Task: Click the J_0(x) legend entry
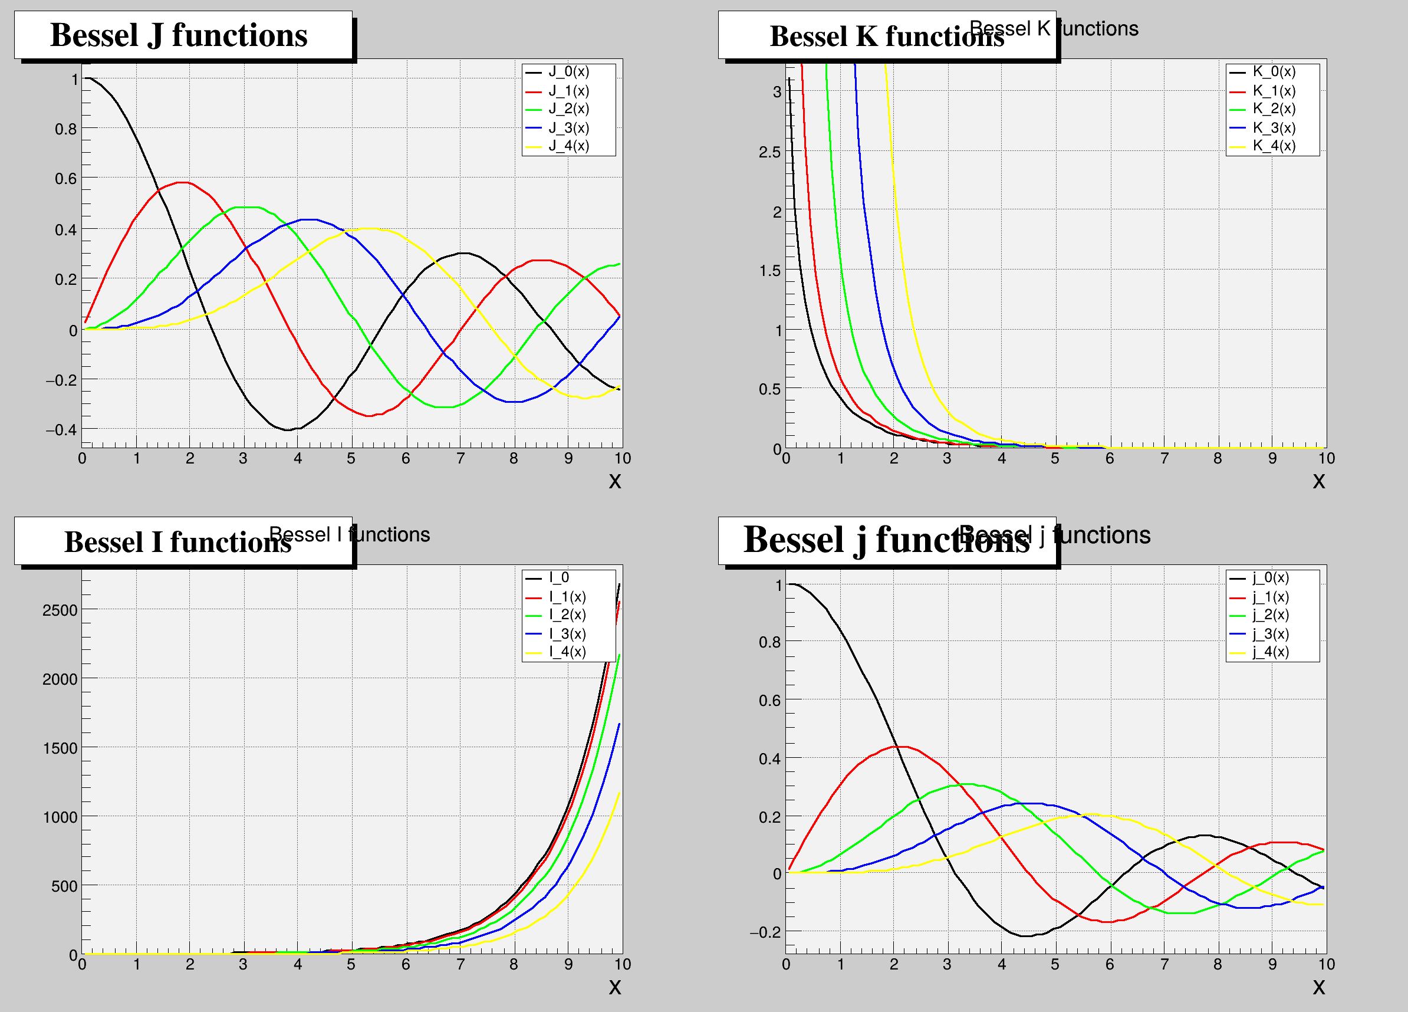pyautogui.click(x=568, y=72)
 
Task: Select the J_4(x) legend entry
pyautogui.click(x=568, y=146)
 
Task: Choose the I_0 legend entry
pyautogui.click(x=559, y=578)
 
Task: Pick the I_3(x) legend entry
pyautogui.click(x=567, y=634)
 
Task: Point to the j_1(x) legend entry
pyautogui.click(x=1270, y=597)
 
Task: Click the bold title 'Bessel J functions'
pyautogui.click(x=179, y=35)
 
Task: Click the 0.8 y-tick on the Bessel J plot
pyautogui.click(x=66, y=129)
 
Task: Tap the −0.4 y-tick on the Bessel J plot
pyautogui.click(x=61, y=430)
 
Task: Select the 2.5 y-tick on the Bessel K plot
pyautogui.click(x=769, y=152)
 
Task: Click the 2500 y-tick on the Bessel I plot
pyautogui.click(x=60, y=610)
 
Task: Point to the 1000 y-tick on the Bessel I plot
pyautogui.click(x=60, y=817)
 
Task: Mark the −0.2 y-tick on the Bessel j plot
pyautogui.click(x=765, y=932)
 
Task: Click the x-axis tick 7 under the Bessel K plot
pyautogui.click(x=1164, y=459)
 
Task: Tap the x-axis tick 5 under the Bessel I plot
pyautogui.click(x=351, y=965)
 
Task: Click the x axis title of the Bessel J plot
pyautogui.click(x=614, y=481)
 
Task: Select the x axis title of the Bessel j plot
pyautogui.click(x=1318, y=987)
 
